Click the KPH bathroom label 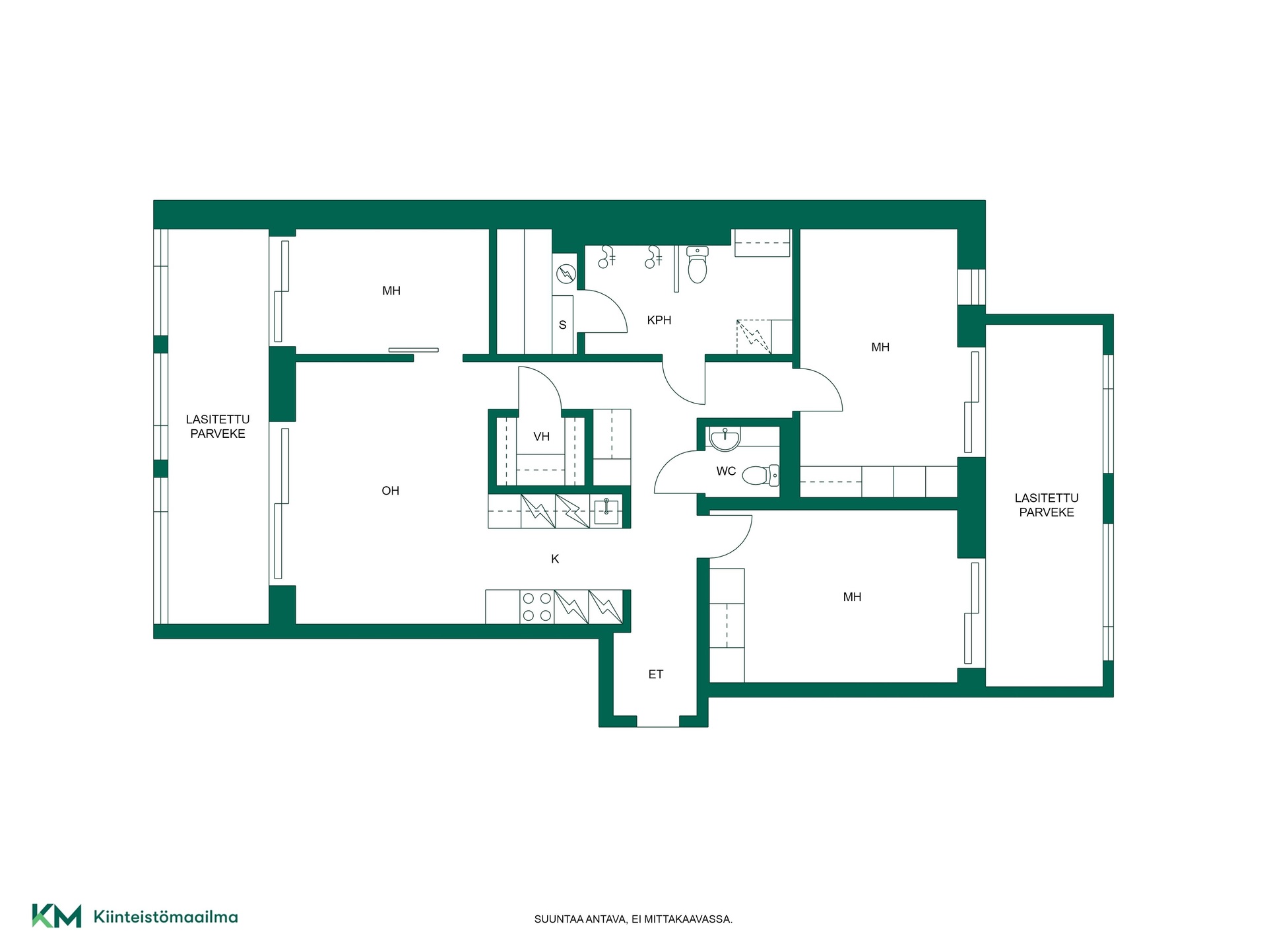point(659,320)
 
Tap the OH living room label point(391,491)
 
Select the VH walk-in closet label point(541,437)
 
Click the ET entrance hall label point(655,674)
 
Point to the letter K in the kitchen point(555,559)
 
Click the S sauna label point(562,325)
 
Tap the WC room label point(726,471)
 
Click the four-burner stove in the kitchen point(536,607)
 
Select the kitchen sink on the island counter point(606,511)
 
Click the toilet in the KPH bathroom point(698,264)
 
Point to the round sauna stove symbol point(566,273)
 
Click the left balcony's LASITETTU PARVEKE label point(218,427)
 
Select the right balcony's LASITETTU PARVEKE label point(1047,505)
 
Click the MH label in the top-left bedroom point(391,291)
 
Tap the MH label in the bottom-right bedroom point(852,597)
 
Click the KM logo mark point(57,916)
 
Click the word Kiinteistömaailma point(166,917)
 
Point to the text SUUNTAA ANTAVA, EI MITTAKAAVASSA point(633,919)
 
